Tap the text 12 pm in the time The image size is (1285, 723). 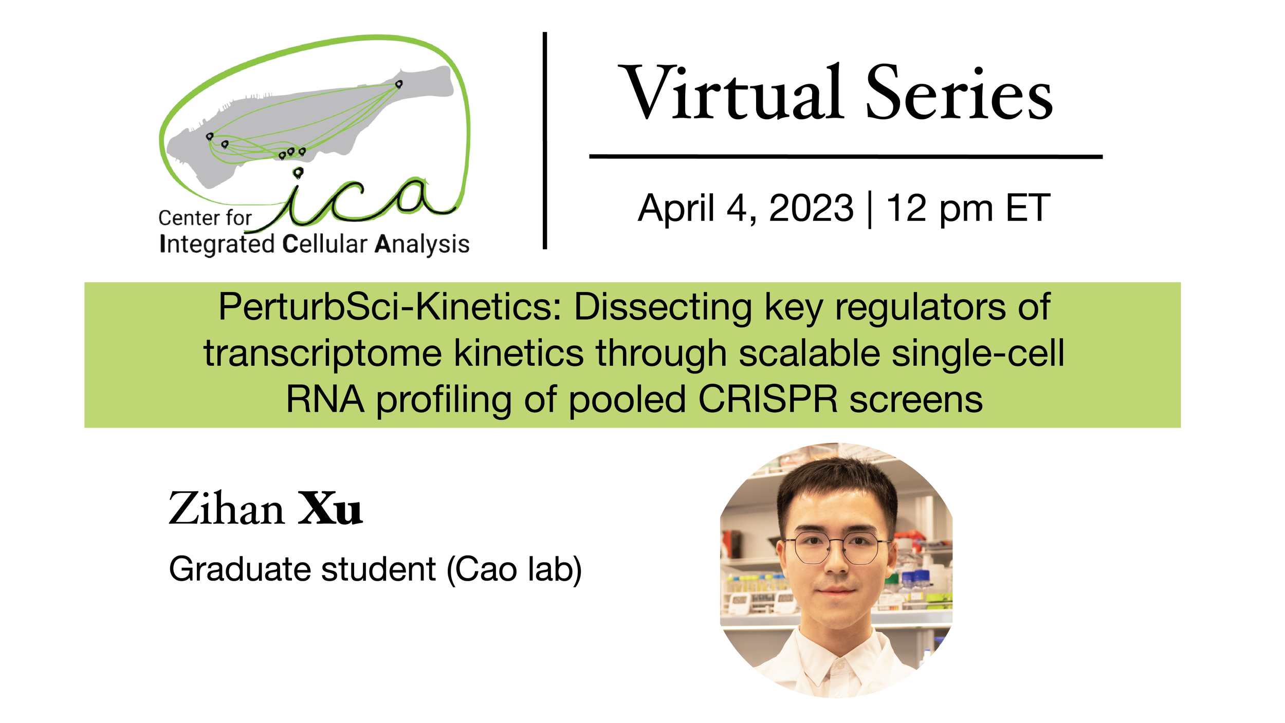[939, 208]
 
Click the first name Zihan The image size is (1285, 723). [226, 509]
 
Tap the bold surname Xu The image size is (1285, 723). [330, 509]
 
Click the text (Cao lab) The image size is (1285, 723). [514, 569]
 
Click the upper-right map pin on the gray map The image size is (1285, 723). [398, 84]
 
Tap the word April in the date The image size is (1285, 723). [676, 208]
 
